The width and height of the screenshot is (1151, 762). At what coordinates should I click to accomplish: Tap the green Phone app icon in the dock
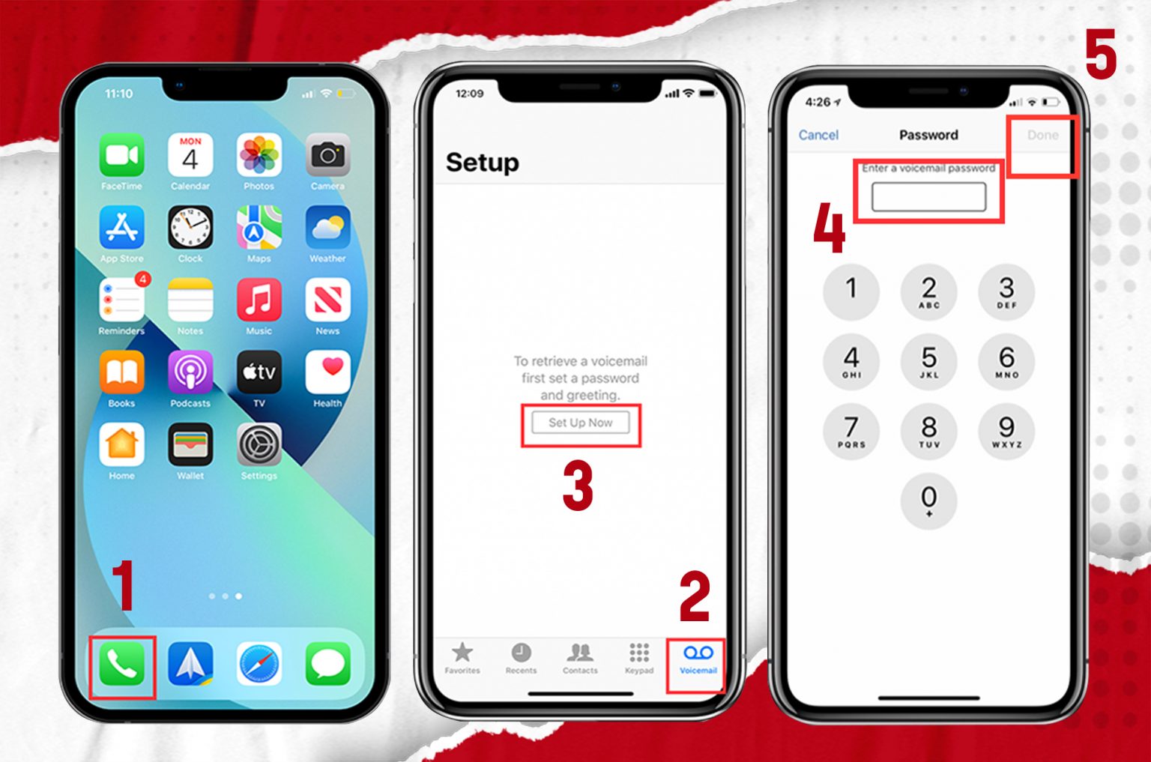pyautogui.click(x=121, y=665)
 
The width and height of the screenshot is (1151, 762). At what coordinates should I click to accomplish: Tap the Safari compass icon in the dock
pyautogui.click(x=259, y=665)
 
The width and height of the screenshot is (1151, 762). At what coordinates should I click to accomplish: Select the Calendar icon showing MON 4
pyautogui.click(x=190, y=155)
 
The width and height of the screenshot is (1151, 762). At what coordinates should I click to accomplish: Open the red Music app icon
pyautogui.click(x=259, y=300)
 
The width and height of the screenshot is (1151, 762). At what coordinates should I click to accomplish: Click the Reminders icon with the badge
pyautogui.click(x=121, y=300)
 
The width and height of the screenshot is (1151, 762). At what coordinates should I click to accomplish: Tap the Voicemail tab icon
pyautogui.click(x=698, y=654)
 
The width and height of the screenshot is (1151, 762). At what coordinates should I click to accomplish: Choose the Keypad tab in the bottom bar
pyautogui.click(x=639, y=654)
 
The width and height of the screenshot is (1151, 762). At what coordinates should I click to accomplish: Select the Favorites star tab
pyautogui.click(x=462, y=654)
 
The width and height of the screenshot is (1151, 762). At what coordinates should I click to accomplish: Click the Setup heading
pyautogui.click(x=482, y=163)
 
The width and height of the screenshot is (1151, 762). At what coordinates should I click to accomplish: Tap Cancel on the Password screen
pyautogui.click(x=818, y=135)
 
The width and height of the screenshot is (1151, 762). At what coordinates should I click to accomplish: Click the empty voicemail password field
pyautogui.click(x=928, y=197)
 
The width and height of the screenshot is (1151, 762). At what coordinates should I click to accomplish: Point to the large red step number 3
pyautogui.click(x=578, y=486)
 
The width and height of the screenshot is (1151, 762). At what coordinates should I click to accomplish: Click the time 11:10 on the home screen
pyautogui.click(x=118, y=94)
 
